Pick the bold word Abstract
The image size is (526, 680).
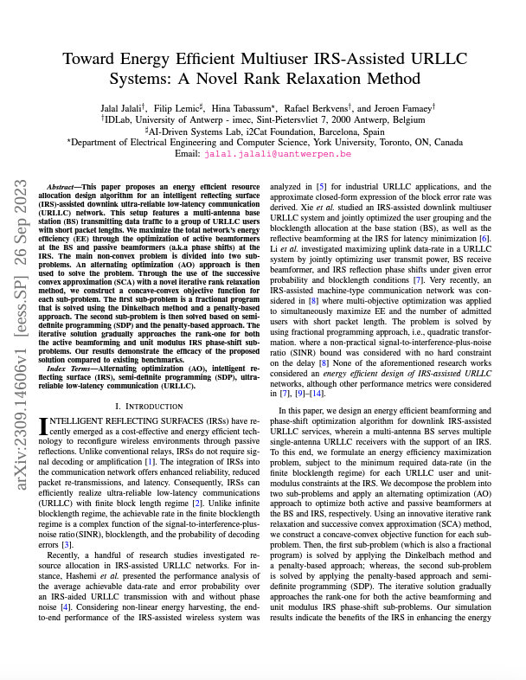tap(60, 186)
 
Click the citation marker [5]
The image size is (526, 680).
tap(320, 186)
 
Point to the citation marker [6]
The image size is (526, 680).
tap(485, 237)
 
